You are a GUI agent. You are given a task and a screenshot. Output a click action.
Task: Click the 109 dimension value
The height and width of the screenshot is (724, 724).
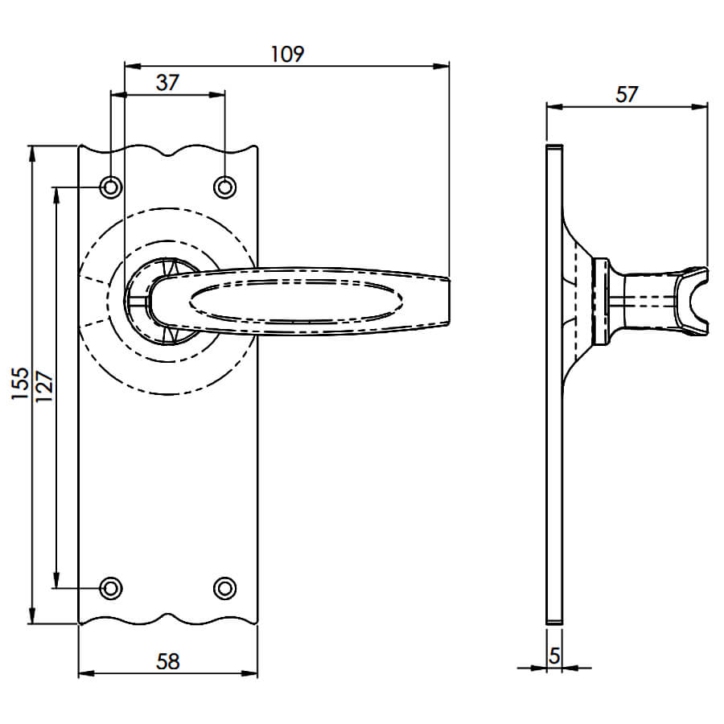tap(287, 54)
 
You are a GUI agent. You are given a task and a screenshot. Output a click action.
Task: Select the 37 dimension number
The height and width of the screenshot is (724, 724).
tap(167, 83)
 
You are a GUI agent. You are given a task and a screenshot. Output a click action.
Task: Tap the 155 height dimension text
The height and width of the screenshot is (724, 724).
tap(20, 384)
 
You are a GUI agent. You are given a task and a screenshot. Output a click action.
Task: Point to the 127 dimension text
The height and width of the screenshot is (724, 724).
tap(45, 386)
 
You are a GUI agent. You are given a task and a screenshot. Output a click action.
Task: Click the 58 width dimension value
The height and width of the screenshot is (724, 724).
tap(167, 662)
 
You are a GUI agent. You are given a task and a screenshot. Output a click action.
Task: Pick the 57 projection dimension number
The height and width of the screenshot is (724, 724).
tap(627, 95)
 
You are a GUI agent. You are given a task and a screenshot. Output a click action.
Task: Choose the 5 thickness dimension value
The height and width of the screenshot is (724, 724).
tap(554, 656)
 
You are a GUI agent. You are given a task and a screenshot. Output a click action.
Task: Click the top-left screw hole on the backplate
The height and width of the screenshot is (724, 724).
tap(111, 187)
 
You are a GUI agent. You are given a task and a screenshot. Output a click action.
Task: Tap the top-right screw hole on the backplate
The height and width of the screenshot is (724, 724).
tap(225, 187)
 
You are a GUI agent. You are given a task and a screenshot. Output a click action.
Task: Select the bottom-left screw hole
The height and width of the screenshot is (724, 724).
tap(111, 588)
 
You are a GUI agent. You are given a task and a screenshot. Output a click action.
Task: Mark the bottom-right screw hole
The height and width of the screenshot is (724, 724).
tap(225, 588)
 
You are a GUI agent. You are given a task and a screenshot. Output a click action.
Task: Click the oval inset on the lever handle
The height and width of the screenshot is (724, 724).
tap(295, 301)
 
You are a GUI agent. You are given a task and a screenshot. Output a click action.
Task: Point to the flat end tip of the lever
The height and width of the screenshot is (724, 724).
tap(449, 301)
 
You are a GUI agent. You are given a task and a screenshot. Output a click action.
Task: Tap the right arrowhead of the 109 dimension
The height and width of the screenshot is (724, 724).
tap(441, 66)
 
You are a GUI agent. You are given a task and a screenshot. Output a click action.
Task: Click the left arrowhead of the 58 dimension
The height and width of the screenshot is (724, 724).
tap(87, 673)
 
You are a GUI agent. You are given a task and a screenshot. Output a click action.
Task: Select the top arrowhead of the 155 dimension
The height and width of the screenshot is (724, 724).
tap(31, 154)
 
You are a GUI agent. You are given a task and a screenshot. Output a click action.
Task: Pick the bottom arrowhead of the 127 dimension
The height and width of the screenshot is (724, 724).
tap(56, 579)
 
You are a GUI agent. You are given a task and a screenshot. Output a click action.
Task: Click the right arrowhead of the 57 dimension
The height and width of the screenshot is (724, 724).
tap(699, 107)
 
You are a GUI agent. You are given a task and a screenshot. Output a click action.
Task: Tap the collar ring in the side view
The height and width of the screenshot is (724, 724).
tap(600, 301)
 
